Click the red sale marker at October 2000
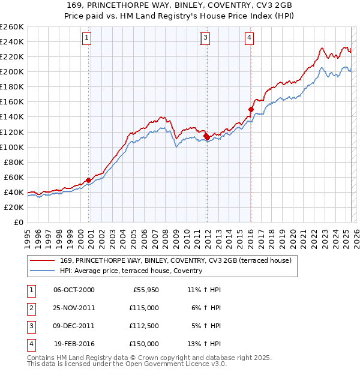coord(89,180)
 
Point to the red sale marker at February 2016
coord(251,109)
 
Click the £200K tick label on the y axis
coord(11,71)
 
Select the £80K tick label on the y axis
coord(13,162)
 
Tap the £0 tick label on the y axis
coord(19,222)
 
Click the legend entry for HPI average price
coord(131,271)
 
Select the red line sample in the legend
coord(42,260)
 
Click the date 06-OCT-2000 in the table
coord(74,290)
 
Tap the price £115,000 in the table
coord(144,308)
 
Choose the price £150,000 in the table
coord(144,344)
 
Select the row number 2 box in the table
coord(29,308)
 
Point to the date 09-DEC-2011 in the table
coord(74,326)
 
